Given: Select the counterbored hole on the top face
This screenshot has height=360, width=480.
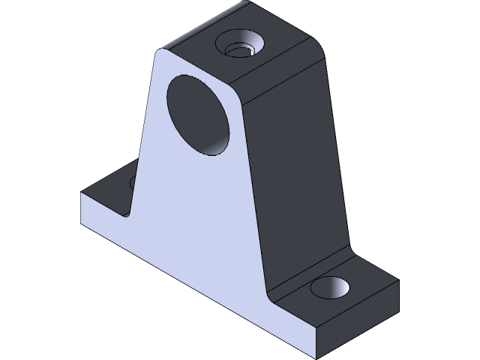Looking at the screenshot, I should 239,45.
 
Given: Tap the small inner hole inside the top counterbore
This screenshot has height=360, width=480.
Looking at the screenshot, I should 241,50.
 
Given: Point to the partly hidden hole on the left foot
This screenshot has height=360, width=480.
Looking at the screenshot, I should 133,182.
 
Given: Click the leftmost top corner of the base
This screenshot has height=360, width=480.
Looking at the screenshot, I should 82,193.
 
